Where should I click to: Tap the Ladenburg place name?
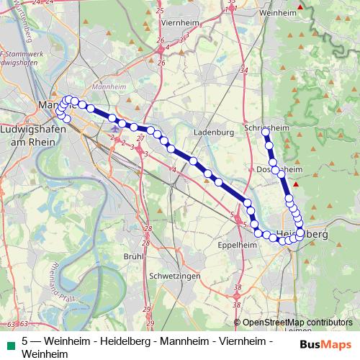point(215,133)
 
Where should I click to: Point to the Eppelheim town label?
point(237,246)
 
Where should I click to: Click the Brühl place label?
point(134,256)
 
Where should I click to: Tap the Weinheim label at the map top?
point(277,13)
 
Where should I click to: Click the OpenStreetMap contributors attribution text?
point(297,323)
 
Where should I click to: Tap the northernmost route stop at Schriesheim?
point(265,132)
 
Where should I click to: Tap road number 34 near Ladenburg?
point(244,71)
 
